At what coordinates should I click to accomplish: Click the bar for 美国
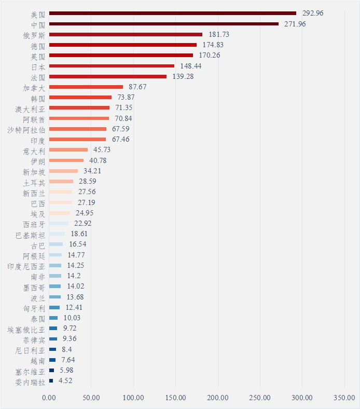[173, 13]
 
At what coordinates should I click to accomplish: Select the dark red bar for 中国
[164, 24]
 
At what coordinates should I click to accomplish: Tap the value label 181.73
[219, 34]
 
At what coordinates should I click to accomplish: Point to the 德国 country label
[38, 45]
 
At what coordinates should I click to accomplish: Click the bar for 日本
[112, 66]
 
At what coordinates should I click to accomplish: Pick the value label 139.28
[183, 76]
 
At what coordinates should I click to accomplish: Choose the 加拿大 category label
[34, 87]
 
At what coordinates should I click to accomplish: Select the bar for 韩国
[80, 98]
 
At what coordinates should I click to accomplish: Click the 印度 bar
[77, 140]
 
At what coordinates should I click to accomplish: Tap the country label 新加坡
[34, 171]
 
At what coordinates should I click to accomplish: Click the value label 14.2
[74, 276]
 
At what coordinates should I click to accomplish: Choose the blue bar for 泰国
[53, 318]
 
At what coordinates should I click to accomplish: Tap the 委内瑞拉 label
[31, 381]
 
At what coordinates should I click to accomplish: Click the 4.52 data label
[65, 381]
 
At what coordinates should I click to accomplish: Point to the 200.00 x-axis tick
[218, 398]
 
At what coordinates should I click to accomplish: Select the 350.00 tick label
[344, 398]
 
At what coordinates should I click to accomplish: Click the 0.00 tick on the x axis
[49, 398]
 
